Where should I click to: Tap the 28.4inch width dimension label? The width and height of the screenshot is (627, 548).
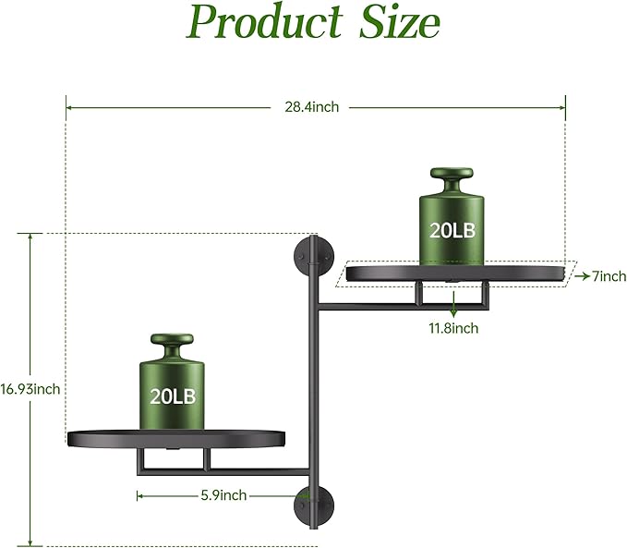pos(311,107)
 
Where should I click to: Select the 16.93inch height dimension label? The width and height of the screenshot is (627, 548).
pos(30,389)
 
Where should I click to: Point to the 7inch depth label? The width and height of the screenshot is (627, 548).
pos(609,276)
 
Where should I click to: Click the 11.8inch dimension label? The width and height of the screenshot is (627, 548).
pos(453,328)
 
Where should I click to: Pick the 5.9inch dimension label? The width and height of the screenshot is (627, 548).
pos(223,495)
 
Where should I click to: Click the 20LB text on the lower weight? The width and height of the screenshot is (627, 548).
pos(173,396)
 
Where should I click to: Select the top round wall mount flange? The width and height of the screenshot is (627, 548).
pos(310,255)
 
